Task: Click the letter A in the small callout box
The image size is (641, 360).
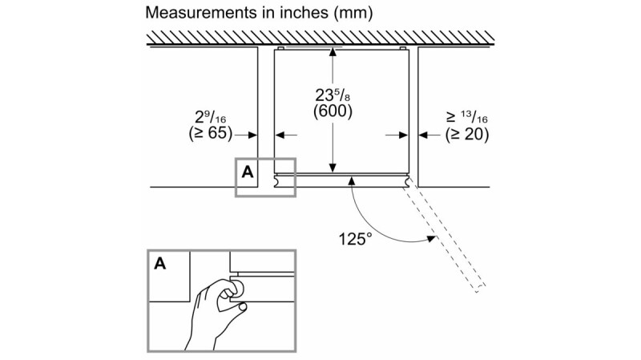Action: pyautogui.click(x=247, y=171)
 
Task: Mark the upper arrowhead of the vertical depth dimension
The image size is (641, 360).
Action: pyautogui.click(x=333, y=54)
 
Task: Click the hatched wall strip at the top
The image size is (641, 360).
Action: pyautogui.click(x=320, y=37)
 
